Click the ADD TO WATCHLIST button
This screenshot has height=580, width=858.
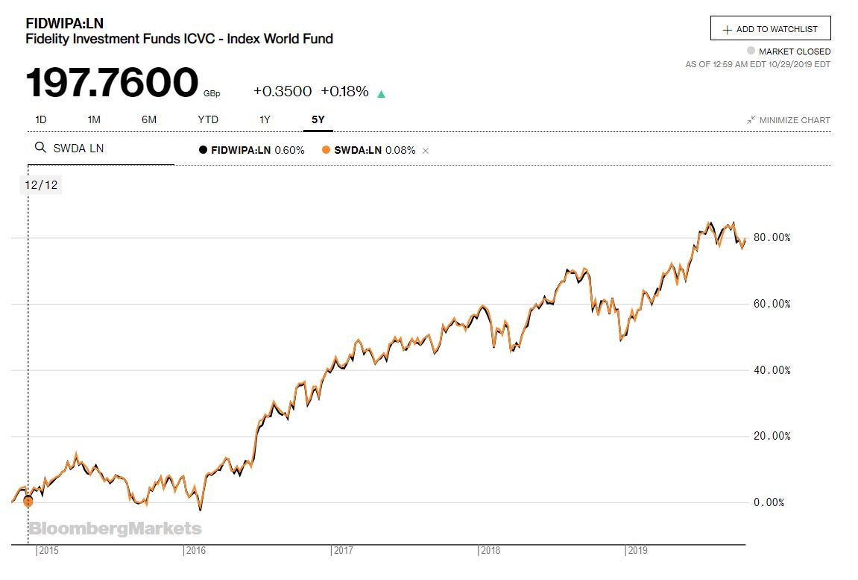(770, 29)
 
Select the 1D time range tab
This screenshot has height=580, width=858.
(41, 119)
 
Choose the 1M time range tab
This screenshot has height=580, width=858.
(94, 119)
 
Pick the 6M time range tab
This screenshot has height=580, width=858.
(149, 119)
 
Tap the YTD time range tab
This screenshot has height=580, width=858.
(208, 119)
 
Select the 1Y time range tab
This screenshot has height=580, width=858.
(265, 119)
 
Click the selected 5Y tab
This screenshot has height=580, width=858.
(318, 119)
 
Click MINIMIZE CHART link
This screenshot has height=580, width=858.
(789, 120)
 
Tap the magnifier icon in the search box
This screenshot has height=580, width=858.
(41, 148)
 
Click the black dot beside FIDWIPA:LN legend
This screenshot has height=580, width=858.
(203, 150)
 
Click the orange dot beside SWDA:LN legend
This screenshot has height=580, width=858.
(326, 150)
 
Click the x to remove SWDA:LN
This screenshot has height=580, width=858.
(426, 151)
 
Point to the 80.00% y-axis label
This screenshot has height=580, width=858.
(772, 237)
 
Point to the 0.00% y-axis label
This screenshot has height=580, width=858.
(769, 502)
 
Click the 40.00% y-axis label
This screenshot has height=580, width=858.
(772, 370)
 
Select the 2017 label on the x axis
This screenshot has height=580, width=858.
(344, 551)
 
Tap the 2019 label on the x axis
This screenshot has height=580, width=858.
(637, 551)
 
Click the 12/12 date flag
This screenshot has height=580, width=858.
(40, 185)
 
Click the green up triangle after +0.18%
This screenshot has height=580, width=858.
(382, 94)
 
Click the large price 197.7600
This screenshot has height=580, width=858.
(113, 83)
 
